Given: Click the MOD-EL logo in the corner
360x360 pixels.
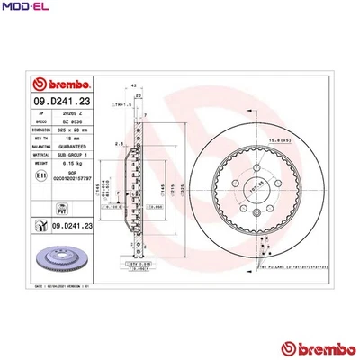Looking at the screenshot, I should tap(25, 9).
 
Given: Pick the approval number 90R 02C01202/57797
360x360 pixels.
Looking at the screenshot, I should tap(72, 178).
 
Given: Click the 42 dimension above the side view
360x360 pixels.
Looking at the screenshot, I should tap(132, 86).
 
